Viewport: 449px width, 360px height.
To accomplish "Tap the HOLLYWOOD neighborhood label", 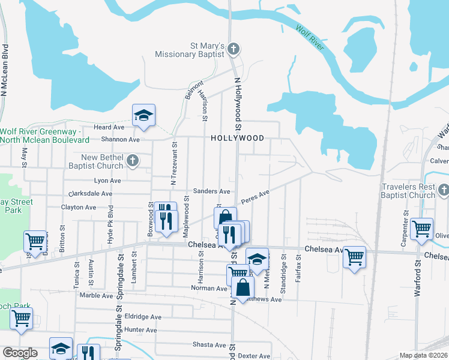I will (x=237, y=138).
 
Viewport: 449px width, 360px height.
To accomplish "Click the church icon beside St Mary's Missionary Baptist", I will (x=234, y=49).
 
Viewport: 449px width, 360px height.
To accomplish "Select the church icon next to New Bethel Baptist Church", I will (x=133, y=160).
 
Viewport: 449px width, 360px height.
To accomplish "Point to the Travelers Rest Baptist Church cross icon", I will (x=444, y=190).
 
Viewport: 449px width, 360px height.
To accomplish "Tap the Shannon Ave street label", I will (x=121, y=139).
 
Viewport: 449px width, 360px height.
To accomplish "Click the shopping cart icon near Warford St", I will (x=422, y=229).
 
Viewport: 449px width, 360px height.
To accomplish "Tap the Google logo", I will (x=20, y=353).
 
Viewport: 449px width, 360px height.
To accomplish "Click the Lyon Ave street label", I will (x=107, y=180).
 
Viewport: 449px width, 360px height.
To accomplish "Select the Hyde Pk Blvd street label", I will (x=110, y=223).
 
